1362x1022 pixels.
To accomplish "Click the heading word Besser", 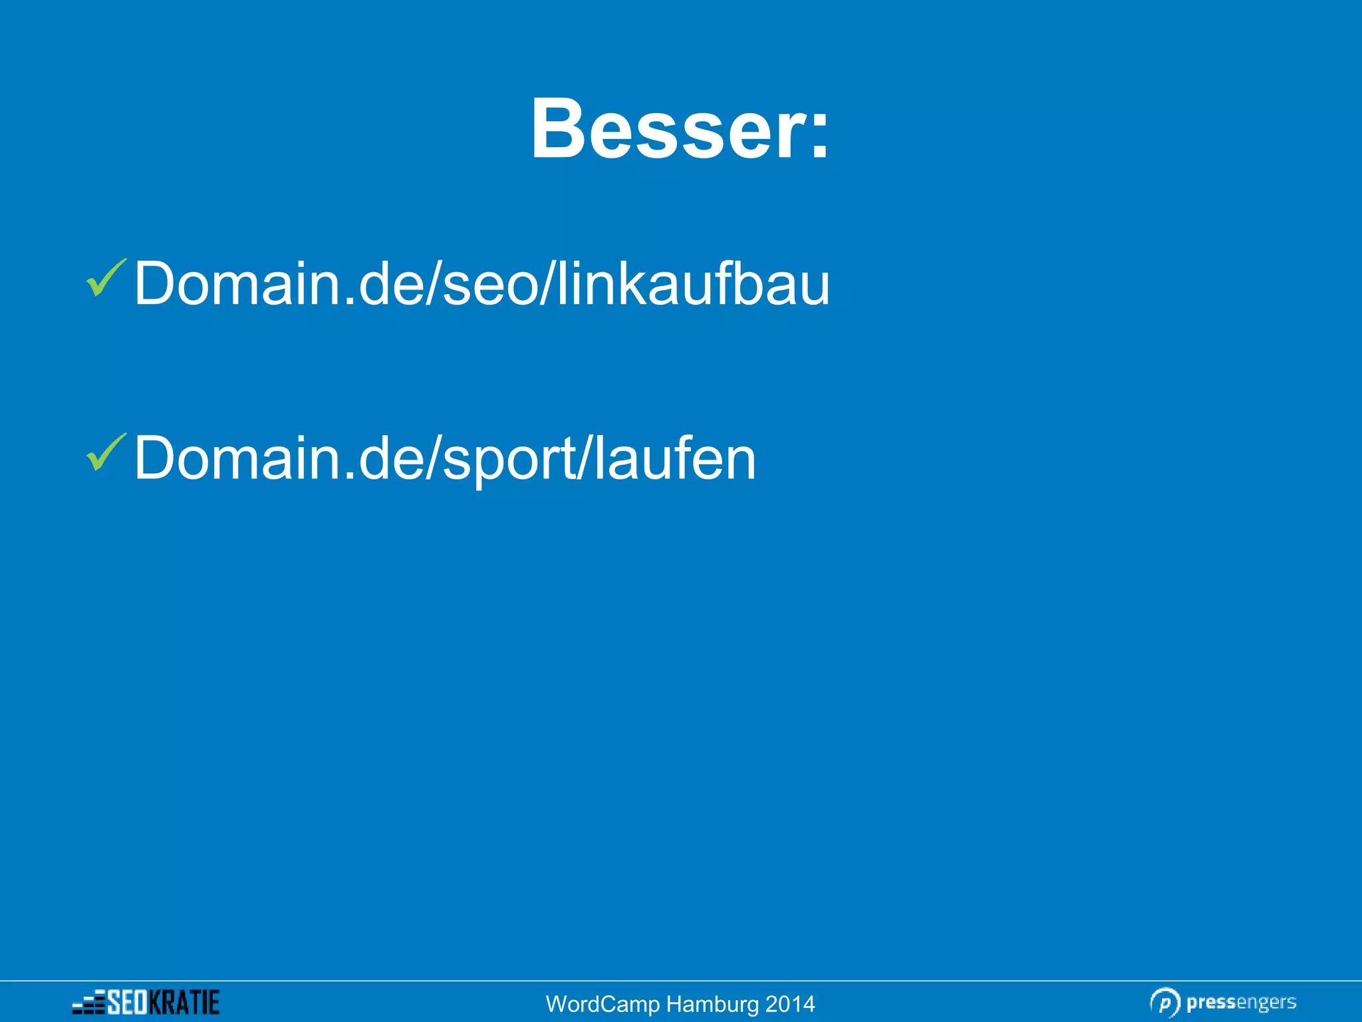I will point(668,129).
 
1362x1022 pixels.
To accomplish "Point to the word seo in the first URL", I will point(489,287).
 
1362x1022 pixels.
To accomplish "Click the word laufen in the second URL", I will point(675,458).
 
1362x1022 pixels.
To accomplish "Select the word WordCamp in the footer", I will point(603,1004).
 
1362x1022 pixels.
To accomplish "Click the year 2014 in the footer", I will point(790,1004).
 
